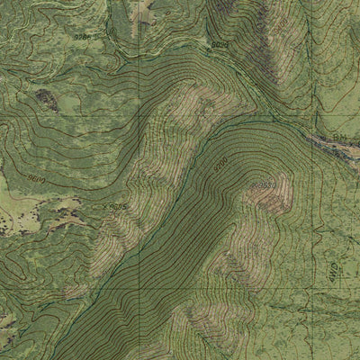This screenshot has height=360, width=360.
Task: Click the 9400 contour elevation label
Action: (x=219, y=43)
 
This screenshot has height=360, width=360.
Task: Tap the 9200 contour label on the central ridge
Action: (x=220, y=166)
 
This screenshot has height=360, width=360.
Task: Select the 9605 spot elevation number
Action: (x=117, y=206)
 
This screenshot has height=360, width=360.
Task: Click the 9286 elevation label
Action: (x=83, y=37)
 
